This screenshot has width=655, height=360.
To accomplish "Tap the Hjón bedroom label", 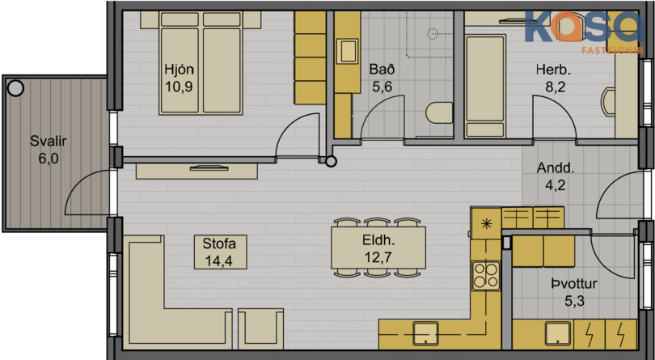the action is (180, 69).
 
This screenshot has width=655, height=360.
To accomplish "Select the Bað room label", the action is (382, 69).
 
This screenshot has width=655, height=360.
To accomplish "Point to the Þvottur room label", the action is (574, 284).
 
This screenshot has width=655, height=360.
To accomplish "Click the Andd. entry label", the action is (556, 168).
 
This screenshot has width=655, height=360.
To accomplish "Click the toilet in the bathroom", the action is (439, 113).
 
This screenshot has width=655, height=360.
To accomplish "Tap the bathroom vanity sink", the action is (347, 52).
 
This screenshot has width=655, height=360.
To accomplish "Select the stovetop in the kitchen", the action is (486, 275).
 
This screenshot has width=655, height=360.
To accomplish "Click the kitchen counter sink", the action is (425, 333).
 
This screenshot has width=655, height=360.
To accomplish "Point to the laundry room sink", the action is (558, 333).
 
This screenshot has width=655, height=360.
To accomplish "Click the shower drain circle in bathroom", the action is (433, 33).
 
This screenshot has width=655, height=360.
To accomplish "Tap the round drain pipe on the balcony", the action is (15, 88).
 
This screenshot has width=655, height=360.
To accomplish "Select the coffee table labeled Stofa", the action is (220, 252).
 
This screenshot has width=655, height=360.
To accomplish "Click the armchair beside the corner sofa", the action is (260, 328).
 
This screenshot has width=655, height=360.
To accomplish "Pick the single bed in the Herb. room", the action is (485, 86).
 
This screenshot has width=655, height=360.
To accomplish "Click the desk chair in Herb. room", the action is (607, 102).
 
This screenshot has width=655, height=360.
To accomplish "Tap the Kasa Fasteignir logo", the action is (584, 32).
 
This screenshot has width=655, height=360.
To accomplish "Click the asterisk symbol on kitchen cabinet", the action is (486, 223).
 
